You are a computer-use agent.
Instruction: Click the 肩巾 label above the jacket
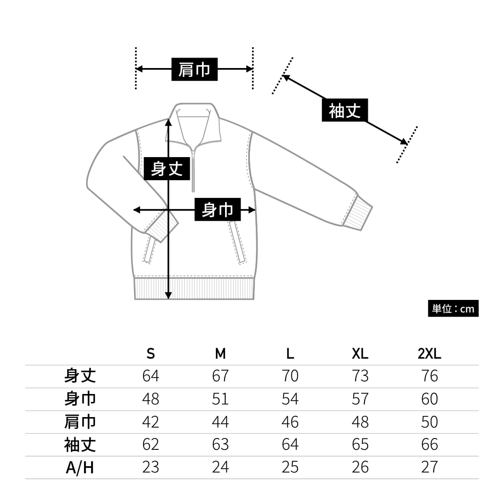coord(194,69)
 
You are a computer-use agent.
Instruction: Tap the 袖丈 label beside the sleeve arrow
coord(345,110)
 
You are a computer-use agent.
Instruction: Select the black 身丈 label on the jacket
coord(167,168)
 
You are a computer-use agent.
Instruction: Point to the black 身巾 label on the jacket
coord(217,210)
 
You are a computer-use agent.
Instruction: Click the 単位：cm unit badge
coord(453,309)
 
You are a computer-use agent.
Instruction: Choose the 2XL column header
coord(429,354)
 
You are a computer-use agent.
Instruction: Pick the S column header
coord(151,354)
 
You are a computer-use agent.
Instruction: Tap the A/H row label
coord(80,467)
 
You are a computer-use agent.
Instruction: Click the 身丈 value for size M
coord(220,376)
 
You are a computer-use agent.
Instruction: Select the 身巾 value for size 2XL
coord(430,399)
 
